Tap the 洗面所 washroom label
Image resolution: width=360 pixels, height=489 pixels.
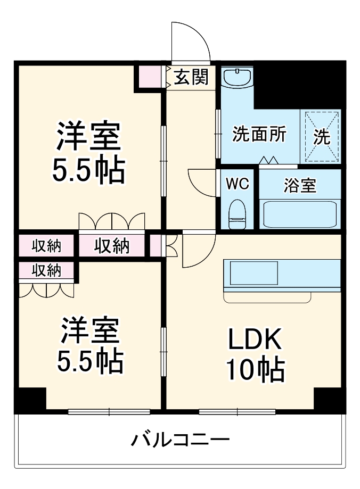259,135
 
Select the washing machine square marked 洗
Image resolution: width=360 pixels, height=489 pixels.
321,137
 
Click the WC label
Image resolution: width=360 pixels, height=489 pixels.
237,184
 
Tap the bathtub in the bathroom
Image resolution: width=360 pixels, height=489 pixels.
300,214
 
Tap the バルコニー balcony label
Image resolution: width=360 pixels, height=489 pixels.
180,440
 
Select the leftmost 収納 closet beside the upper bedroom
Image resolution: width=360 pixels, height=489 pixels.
46,246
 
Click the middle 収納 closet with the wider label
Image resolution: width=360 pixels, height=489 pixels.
112,246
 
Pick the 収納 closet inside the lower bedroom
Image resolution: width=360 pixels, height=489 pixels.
46,270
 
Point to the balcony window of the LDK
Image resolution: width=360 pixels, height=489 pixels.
237,411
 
